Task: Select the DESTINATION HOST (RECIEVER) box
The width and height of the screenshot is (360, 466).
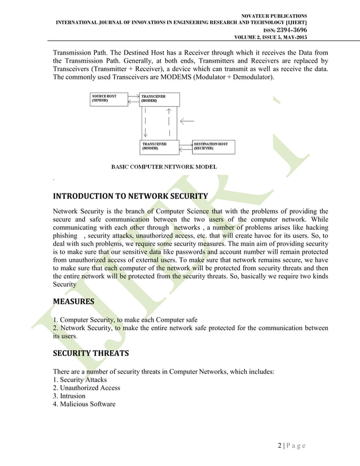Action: [213, 147]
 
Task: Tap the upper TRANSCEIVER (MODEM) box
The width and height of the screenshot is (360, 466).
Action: [159, 99]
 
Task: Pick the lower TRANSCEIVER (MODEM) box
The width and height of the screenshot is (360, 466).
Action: [159, 147]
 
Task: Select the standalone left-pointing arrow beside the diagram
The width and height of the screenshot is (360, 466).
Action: [187, 121]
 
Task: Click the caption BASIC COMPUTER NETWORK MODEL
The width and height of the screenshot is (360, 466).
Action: [164, 167]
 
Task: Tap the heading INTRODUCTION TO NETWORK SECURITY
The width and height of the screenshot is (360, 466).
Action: [130, 196]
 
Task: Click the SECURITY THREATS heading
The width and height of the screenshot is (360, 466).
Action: [90, 353]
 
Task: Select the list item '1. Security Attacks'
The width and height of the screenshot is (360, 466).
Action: [79, 380]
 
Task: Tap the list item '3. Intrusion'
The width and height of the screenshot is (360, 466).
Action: [69, 396]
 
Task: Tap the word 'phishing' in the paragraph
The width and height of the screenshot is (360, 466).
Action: [64, 234]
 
